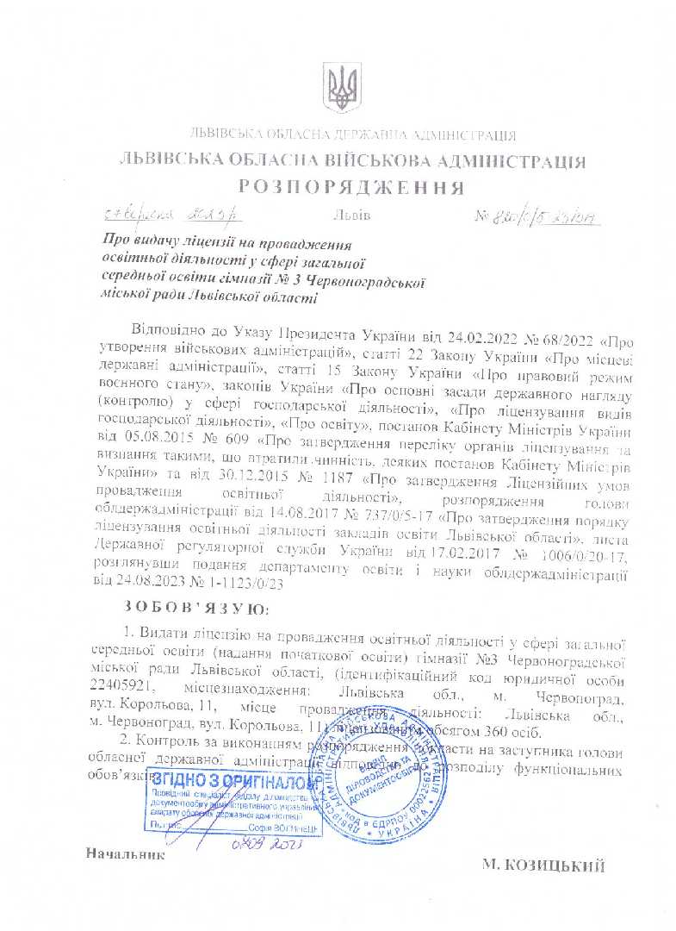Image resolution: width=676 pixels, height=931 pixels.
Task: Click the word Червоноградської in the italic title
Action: point(374,281)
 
